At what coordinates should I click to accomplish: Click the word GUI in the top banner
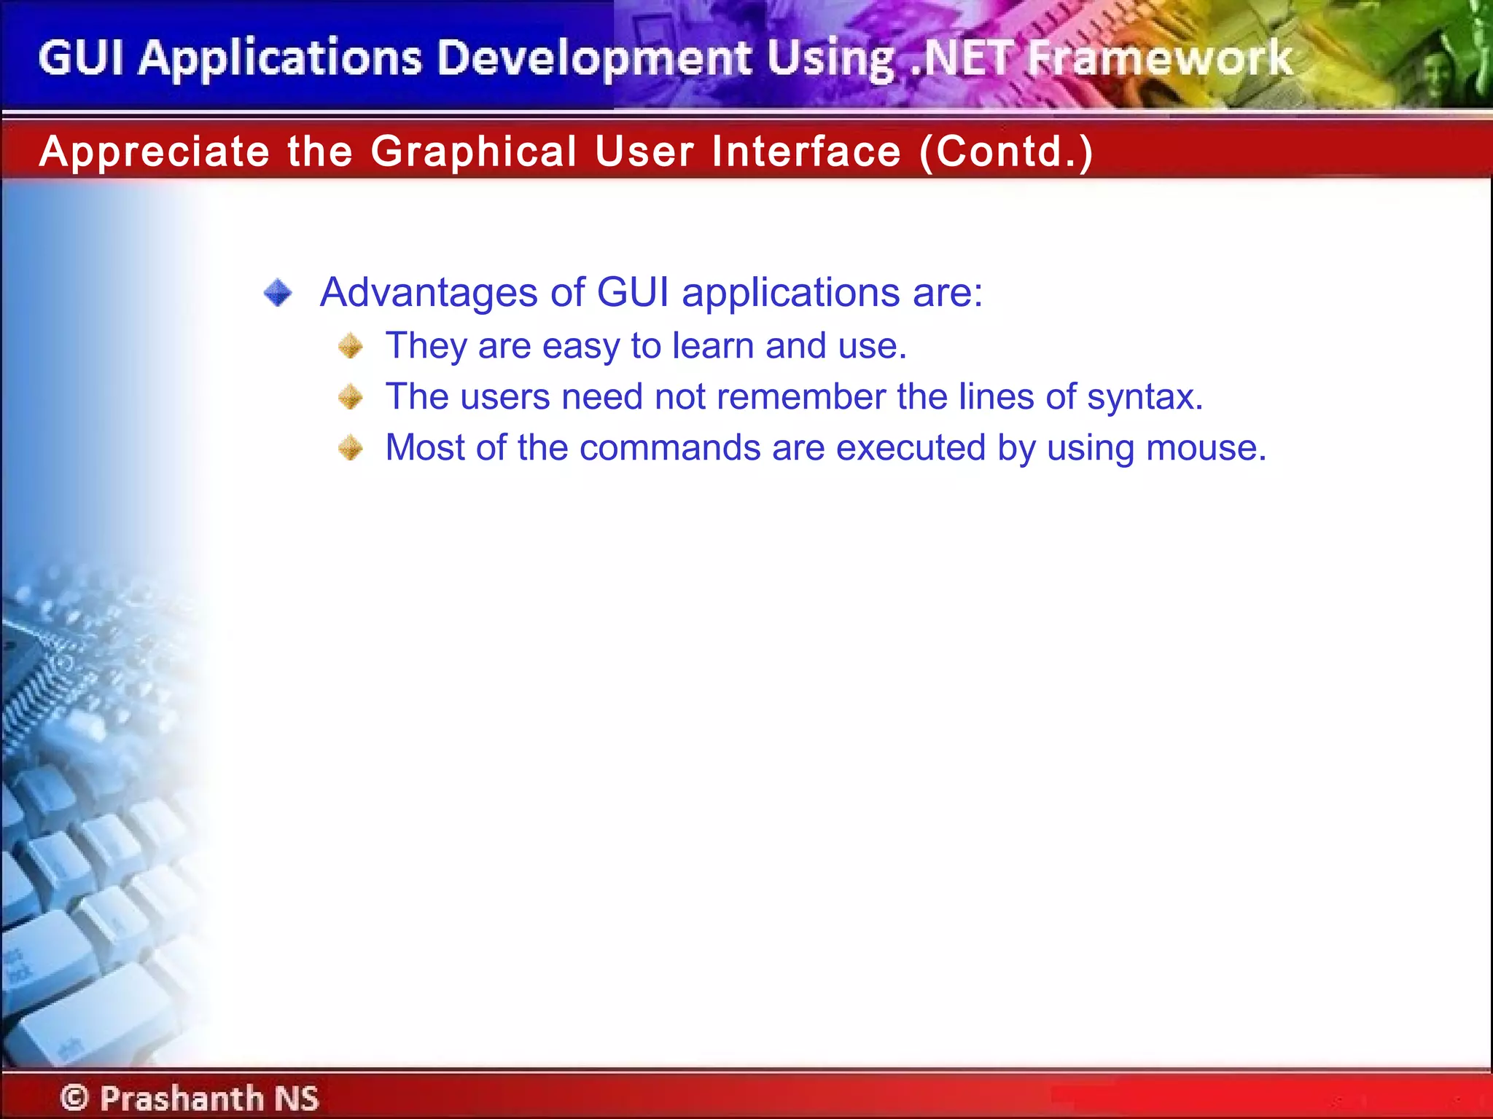coord(80,58)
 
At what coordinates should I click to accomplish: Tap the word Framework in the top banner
coord(1159,58)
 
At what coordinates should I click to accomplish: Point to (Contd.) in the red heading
coord(1006,152)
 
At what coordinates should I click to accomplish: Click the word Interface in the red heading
coord(806,152)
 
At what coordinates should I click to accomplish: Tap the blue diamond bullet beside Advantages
coord(278,293)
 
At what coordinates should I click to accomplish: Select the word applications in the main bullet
coord(790,293)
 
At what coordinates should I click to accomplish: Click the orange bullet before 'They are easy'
coord(351,346)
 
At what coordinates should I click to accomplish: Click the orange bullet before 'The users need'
coord(351,397)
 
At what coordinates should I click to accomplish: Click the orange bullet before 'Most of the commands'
coord(351,448)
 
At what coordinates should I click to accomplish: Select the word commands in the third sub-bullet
coord(670,448)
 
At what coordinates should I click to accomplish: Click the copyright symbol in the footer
coord(74,1097)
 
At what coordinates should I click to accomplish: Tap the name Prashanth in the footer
coord(182,1097)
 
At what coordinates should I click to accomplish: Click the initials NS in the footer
coord(296,1097)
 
